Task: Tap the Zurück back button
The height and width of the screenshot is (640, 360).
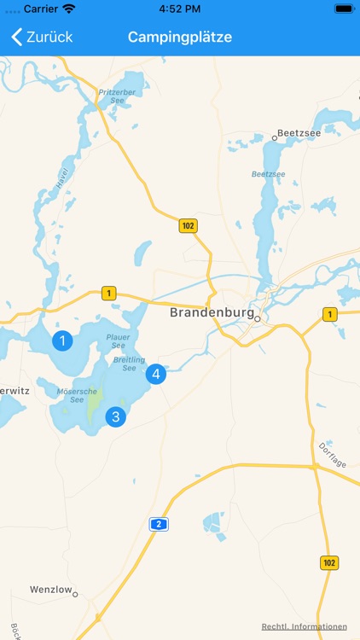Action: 42,37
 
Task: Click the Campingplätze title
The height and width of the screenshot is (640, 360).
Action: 180,37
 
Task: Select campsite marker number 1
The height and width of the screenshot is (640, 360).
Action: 62,341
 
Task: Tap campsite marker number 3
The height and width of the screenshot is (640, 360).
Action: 115,416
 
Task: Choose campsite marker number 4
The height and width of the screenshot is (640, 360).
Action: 155,374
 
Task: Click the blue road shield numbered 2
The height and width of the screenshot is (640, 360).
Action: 157,524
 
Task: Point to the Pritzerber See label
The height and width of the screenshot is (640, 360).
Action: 118,96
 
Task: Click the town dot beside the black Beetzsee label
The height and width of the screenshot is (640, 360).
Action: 275,137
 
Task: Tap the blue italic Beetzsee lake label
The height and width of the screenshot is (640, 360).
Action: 268,174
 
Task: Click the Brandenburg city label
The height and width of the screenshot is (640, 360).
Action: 212,312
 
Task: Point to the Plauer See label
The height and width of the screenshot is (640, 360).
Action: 118,340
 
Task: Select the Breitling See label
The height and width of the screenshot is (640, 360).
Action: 130,364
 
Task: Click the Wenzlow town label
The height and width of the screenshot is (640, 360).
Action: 49,590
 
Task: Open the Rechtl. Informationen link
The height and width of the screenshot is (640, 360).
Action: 305,626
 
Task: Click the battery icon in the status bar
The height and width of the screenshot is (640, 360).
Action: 344,9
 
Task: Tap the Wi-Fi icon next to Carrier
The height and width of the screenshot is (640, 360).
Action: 69,9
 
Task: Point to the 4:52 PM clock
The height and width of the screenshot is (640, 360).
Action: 180,9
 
